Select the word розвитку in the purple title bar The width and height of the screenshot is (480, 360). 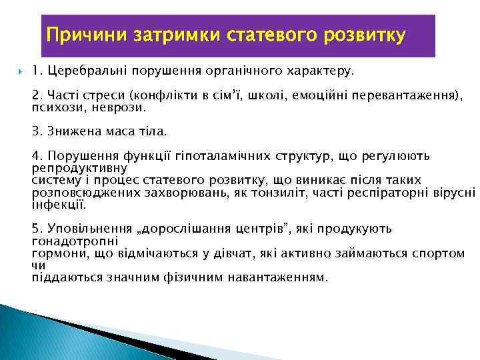(x=362, y=34)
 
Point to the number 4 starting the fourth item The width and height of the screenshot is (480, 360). (x=35, y=156)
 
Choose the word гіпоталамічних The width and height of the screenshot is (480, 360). (x=232, y=156)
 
